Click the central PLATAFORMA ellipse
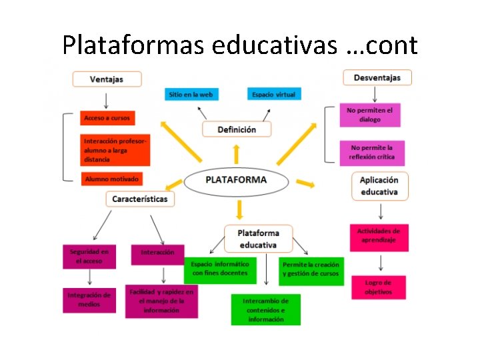pyautogui.click(x=236, y=180)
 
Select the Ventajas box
pyautogui.click(x=107, y=79)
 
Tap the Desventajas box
pyautogui.click(x=377, y=78)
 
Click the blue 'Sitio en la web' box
pyautogui.click(x=191, y=95)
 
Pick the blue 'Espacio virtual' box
pyautogui.click(x=273, y=95)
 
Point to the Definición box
pyautogui.click(x=237, y=129)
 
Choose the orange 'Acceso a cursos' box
pyautogui.click(x=107, y=118)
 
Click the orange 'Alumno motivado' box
pyautogui.click(x=111, y=179)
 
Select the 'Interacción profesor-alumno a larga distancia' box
pyautogui.click(x=115, y=151)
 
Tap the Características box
pyautogui.click(x=140, y=199)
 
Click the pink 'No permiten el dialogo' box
pyautogui.click(x=369, y=115)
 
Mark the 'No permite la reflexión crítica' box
pyautogui.click(x=371, y=152)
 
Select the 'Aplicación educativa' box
pyautogui.click(x=379, y=186)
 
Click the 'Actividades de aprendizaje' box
pyautogui.click(x=379, y=235)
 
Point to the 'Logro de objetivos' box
pyautogui.click(x=378, y=287)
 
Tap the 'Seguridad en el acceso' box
pyautogui.click(x=89, y=257)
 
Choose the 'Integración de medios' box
pyautogui.click(x=89, y=299)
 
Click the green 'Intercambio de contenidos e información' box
pyautogui.click(x=266, y=310)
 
